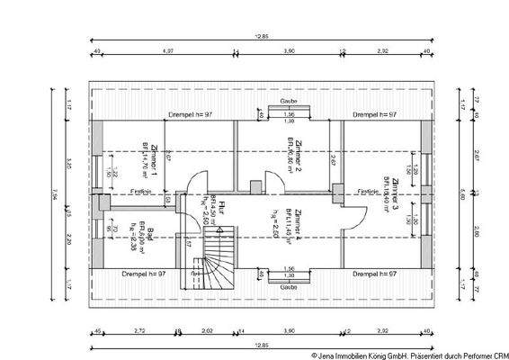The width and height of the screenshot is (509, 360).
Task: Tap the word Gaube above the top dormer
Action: tap(289, 102)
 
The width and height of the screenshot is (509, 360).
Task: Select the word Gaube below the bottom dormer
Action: tap(289, 286)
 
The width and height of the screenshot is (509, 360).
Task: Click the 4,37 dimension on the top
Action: tap(167, 52)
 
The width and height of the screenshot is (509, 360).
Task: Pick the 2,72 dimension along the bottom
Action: tap(138, 331)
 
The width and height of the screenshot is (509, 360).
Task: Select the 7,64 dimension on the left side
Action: tap(55, 191)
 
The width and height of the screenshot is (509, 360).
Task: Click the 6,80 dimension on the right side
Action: tap(462, 191)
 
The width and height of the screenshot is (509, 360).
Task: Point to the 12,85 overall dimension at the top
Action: tap(262, 36)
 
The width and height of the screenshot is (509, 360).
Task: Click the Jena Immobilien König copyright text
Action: tap(410, 354)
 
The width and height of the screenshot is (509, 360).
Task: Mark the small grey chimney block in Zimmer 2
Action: tap(254, 187)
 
